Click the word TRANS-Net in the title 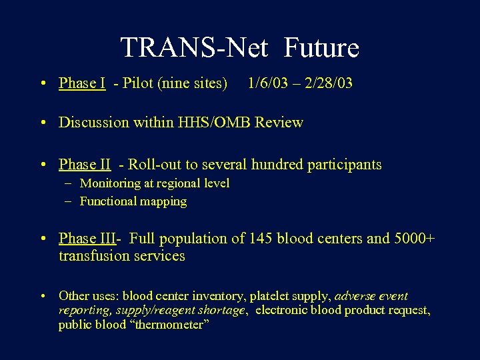[194, 48]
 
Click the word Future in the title [321, 48]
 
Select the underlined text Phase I [82, 83]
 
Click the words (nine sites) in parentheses [193, 83]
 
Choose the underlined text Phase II [85, 164]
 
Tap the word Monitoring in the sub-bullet [111, 183]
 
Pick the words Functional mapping [133, 201]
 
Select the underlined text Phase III [87, 238]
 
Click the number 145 [263, 238]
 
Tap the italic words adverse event [371, 296]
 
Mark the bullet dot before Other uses [43, 296]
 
